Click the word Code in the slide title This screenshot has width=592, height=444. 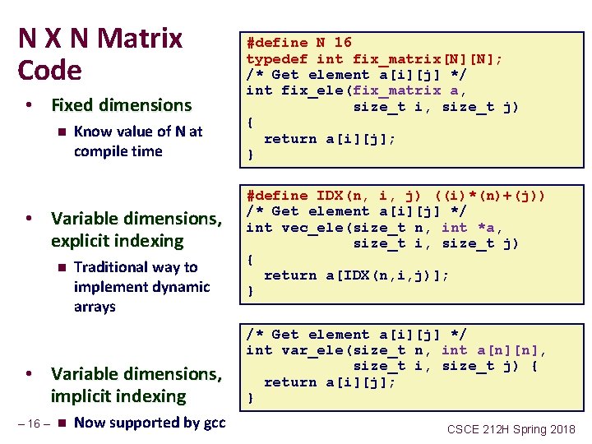[50, 71]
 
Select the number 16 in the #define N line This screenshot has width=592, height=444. [343, 42]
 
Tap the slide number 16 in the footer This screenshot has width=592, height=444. [34, 423]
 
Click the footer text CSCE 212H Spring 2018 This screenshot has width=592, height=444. [511, 428]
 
